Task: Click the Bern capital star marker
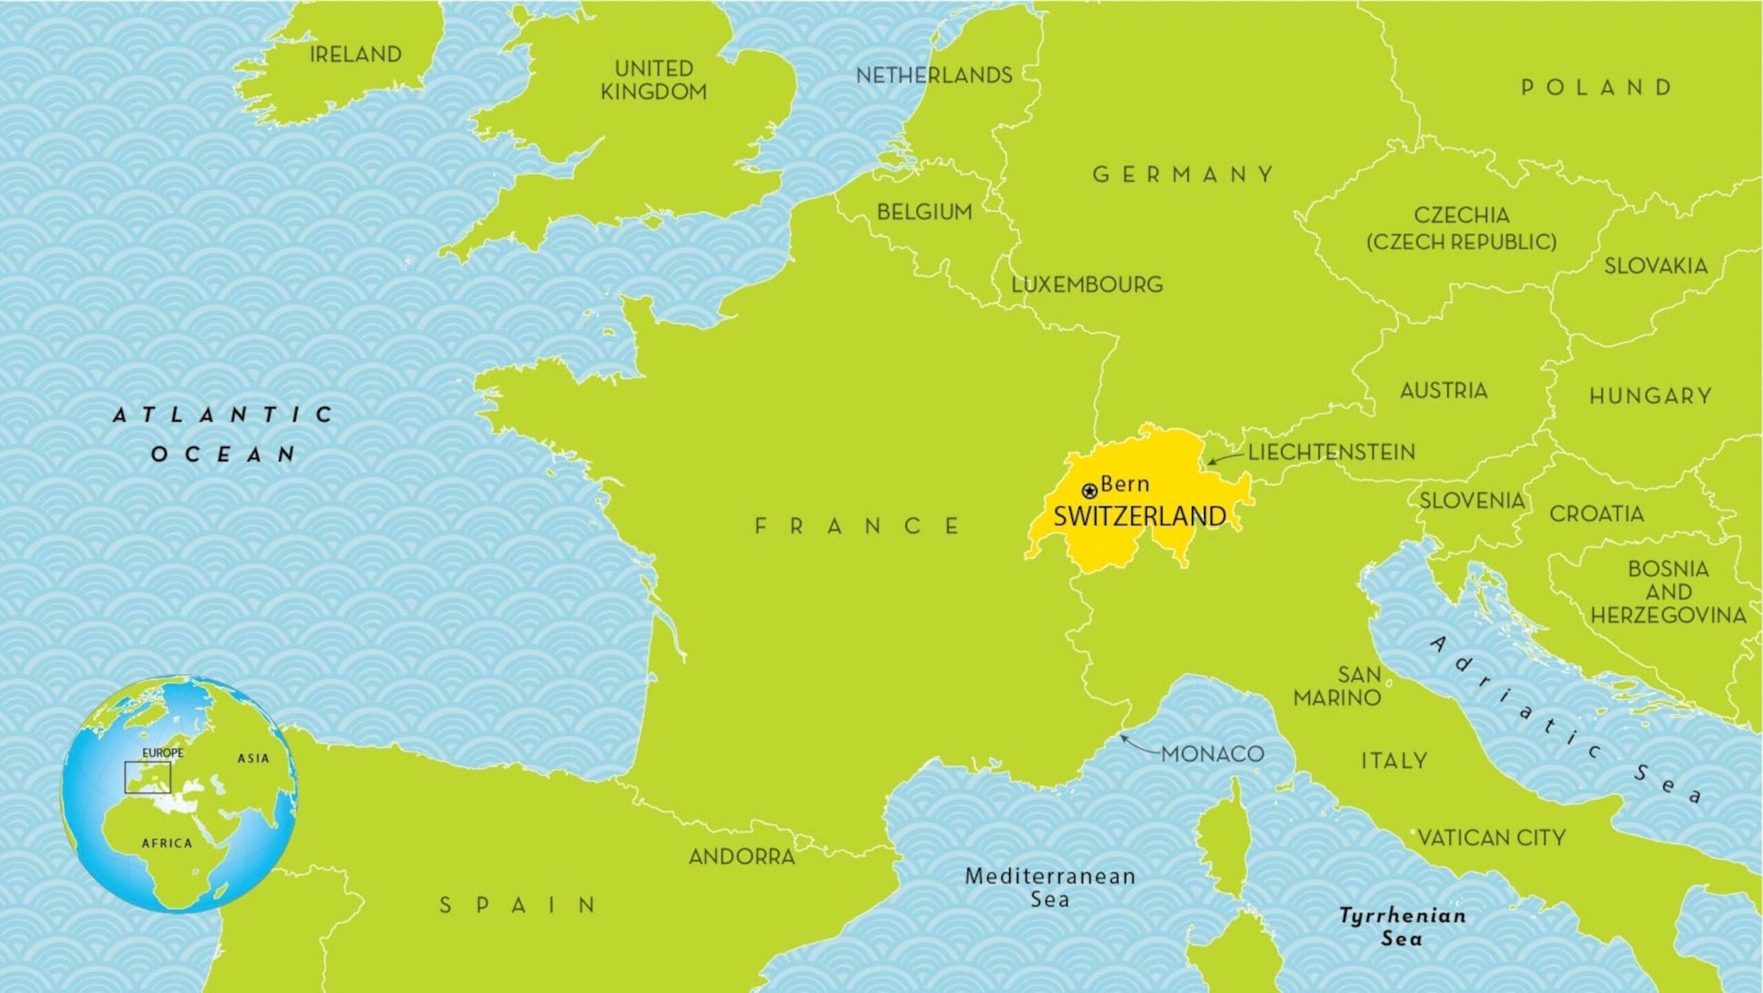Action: [1089, 491]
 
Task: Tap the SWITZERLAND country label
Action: [1140, 516]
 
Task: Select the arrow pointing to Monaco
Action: [1140, 746]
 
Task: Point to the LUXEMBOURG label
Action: [1087, 285]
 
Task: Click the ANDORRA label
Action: [742, 857]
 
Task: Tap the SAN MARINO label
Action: [1337, 686]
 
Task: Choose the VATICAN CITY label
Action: [1492, 838]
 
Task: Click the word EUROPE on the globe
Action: [163, 753]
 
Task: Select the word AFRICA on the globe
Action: [167, 843]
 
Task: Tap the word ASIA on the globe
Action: [253, 758]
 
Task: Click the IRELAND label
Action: [355, 54]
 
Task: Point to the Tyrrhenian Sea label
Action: [1402, 927]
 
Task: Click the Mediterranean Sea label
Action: [1050, 888]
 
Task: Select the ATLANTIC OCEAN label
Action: [223, 434]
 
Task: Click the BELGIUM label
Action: [924, 212]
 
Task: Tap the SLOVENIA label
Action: [1472, 500]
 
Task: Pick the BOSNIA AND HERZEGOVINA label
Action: [1668, 592]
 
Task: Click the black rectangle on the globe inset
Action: [147, 777]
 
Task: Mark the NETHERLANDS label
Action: [934, 75]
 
